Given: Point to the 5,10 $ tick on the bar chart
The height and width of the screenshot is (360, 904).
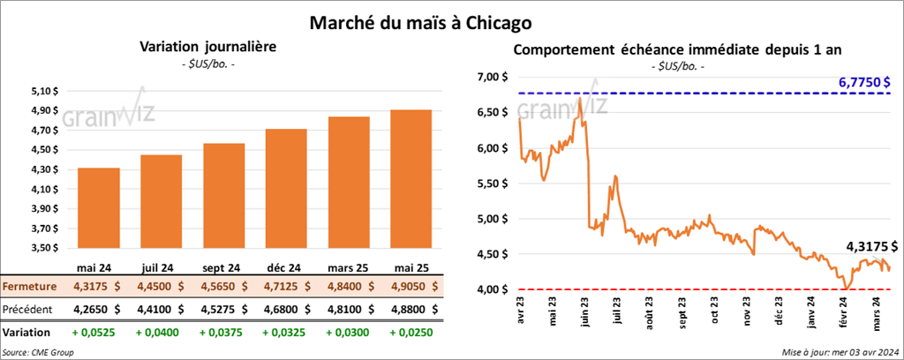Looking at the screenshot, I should coord(44,91).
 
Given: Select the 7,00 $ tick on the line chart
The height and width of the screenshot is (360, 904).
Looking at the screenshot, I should coord(491,78).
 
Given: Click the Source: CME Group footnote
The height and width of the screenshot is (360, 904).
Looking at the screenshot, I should coord(38,352).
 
